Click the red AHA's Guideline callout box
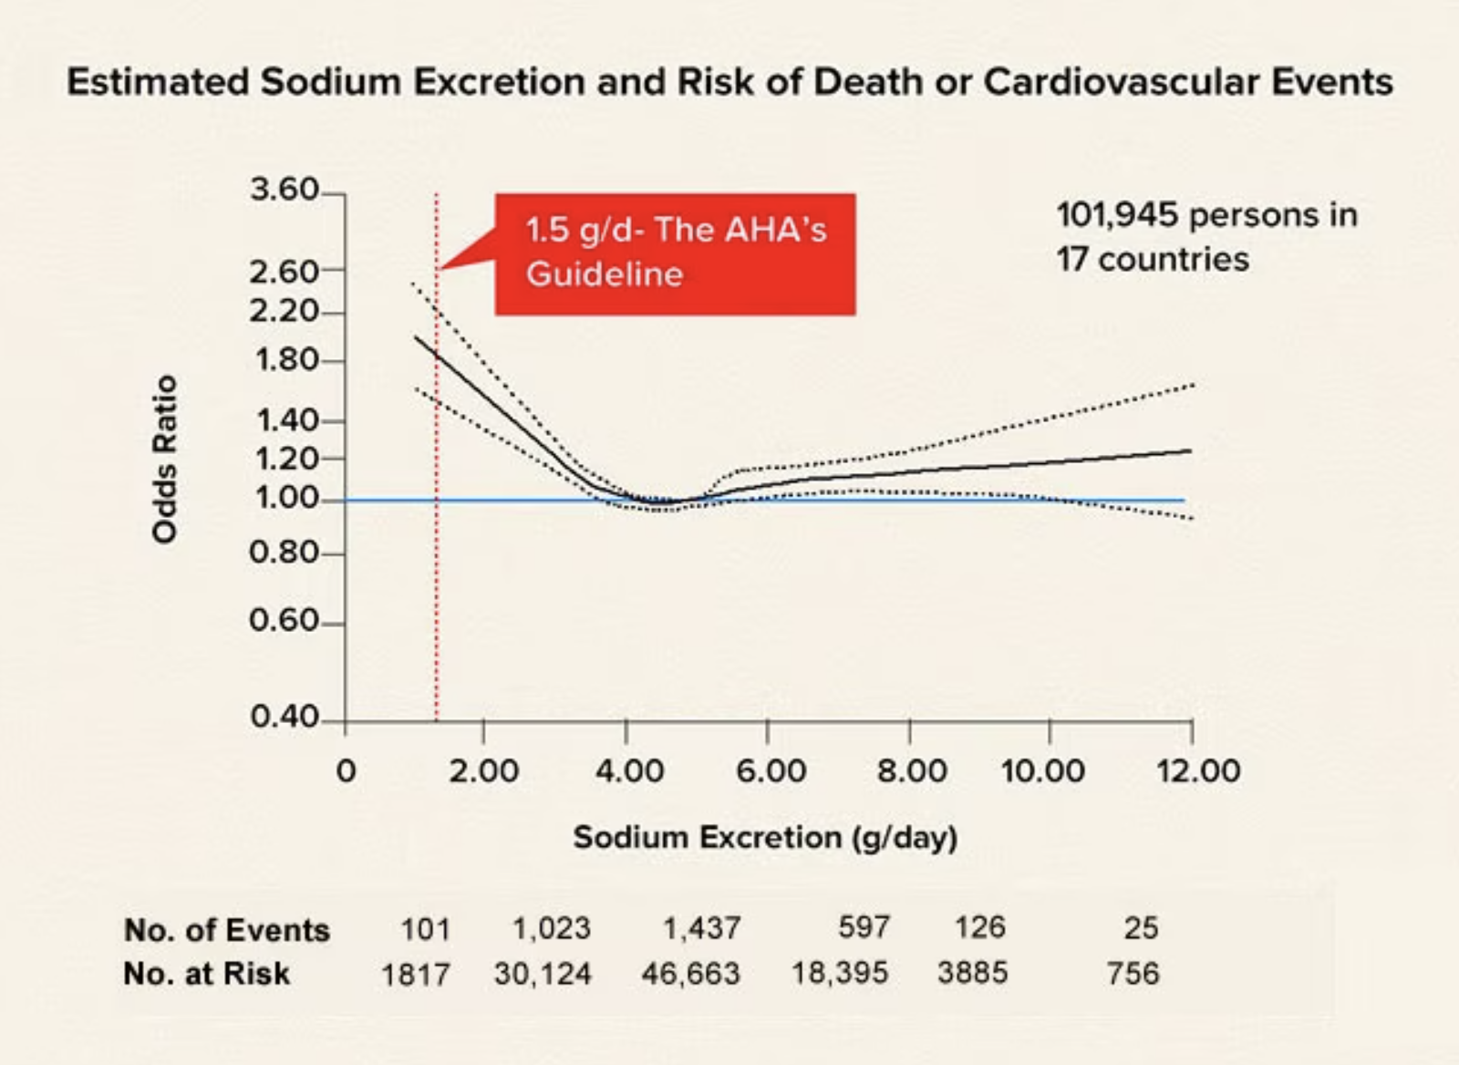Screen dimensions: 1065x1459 coord(675,253)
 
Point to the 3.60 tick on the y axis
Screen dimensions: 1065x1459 coord(284,191)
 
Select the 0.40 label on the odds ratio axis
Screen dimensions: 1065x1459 coord(284,717)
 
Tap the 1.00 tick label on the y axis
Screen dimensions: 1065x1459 coord(284,498)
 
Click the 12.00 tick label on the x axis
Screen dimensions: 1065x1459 coord(1198,771)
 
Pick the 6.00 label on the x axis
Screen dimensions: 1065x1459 coord(771,771)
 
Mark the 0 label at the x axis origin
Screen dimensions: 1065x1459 coord(346,771)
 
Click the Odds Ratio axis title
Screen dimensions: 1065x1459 coord(165,459)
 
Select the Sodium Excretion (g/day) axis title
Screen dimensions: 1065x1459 coord(765,837)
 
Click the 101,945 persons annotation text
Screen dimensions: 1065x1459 coord(1206,215)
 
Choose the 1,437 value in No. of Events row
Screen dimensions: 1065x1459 coord(700,928)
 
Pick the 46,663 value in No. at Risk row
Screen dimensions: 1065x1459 coord(690,974)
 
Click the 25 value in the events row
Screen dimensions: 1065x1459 coord(1141,928)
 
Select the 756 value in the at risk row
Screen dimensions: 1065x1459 coord(1133,974)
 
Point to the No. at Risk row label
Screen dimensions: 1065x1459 coord(207,974)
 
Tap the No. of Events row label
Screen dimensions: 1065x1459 coord(227,930)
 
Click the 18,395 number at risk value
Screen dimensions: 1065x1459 coord(839,973)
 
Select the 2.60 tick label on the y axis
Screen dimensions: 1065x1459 coord(284,271)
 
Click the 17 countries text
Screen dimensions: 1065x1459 coord(1153,260)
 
